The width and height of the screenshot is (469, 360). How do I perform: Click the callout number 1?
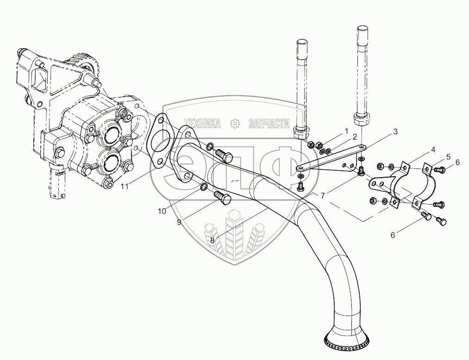(346, 132)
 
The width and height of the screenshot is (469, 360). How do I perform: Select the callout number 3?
(395, 132)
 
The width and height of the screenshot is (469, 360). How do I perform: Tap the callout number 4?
(433, 149)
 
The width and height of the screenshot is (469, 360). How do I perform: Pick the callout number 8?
(212, 241)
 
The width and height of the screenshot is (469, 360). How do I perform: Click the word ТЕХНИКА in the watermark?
(202, 123)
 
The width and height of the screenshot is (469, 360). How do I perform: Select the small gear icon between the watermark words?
(235, 123)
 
